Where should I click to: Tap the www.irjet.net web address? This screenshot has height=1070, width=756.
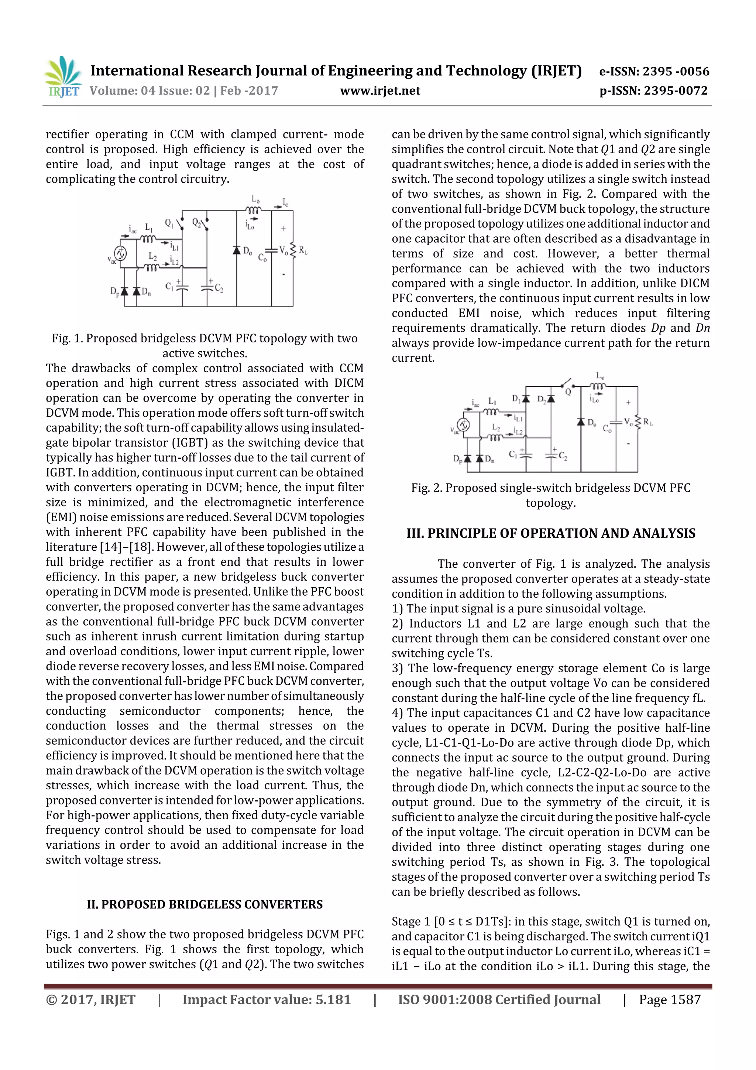coord(380,91)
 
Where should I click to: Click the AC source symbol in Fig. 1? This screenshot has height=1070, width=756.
coord(120,253)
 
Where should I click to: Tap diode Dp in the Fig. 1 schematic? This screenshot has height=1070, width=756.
coord(125,291)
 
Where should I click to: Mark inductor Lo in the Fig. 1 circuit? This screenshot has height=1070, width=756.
coord(255,210)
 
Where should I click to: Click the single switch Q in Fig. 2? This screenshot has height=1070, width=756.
coord(566,384)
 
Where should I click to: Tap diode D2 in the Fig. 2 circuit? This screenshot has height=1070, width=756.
coord(551,399)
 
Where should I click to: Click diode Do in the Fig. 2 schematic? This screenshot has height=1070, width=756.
coord(581,422)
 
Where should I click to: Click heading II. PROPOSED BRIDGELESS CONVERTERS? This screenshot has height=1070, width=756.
coord(205,904)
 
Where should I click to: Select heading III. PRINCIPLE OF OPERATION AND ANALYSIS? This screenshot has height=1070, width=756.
coord(551,533)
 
